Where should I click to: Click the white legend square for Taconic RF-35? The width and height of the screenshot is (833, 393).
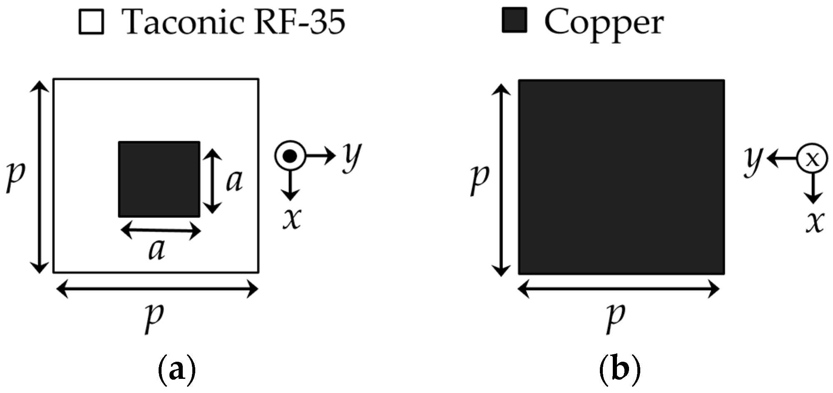click(x=91, y=22)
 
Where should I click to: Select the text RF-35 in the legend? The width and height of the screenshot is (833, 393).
click(x=300, y=22)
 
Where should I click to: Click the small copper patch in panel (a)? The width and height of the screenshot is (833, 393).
click(x=159, y=179)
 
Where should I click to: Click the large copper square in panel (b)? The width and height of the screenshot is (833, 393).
click(x=621, y=177)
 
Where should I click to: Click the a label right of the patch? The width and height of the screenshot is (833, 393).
click(x=234, y=181)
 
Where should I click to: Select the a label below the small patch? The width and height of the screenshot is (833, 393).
click(x=157, y=250)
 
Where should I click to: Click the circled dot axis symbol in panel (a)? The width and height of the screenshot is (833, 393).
click(x=290, y=156)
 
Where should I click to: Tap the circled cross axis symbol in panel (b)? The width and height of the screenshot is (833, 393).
click(x=812, y=158)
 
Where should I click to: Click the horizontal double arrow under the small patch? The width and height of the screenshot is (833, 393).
click(x=161, y=230)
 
